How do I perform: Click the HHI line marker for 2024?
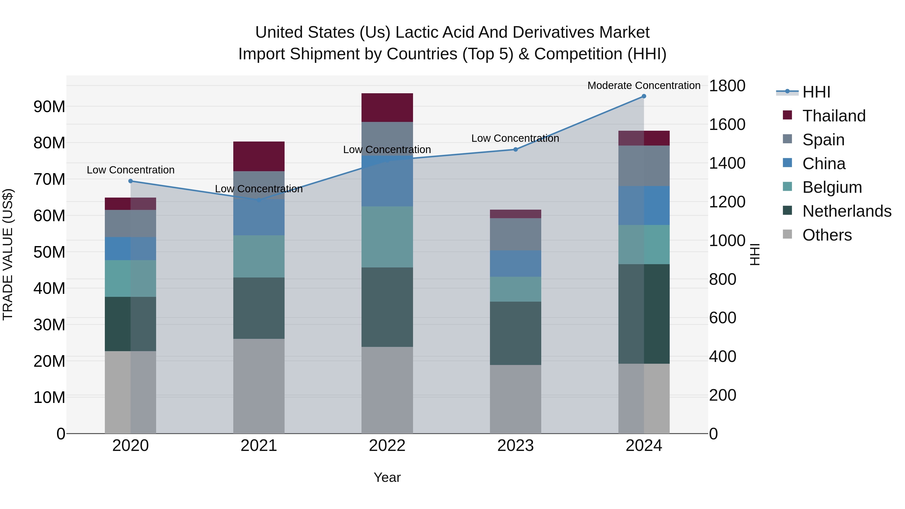(644, 96)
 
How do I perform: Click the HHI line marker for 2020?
(130, 181)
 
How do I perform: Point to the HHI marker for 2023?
(515, 149)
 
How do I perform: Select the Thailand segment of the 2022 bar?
(387, 108)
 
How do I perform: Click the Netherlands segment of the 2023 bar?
(515, 333)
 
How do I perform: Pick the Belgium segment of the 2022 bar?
(387, 237)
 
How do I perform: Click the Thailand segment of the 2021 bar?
(259, 156)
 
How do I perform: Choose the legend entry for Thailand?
(834, 116)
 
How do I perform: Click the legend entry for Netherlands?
(847, 211)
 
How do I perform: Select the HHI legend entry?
(816, 92)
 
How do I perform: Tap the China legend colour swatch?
(787, 163)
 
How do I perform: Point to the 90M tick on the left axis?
(49, 106)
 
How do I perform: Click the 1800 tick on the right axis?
(727, 86)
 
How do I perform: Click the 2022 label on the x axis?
(387, 446)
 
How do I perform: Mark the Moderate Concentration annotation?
(644, 85)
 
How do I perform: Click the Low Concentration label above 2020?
(130, 170)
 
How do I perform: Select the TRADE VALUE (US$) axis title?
(8, 254)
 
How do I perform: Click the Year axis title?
(387, 477)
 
